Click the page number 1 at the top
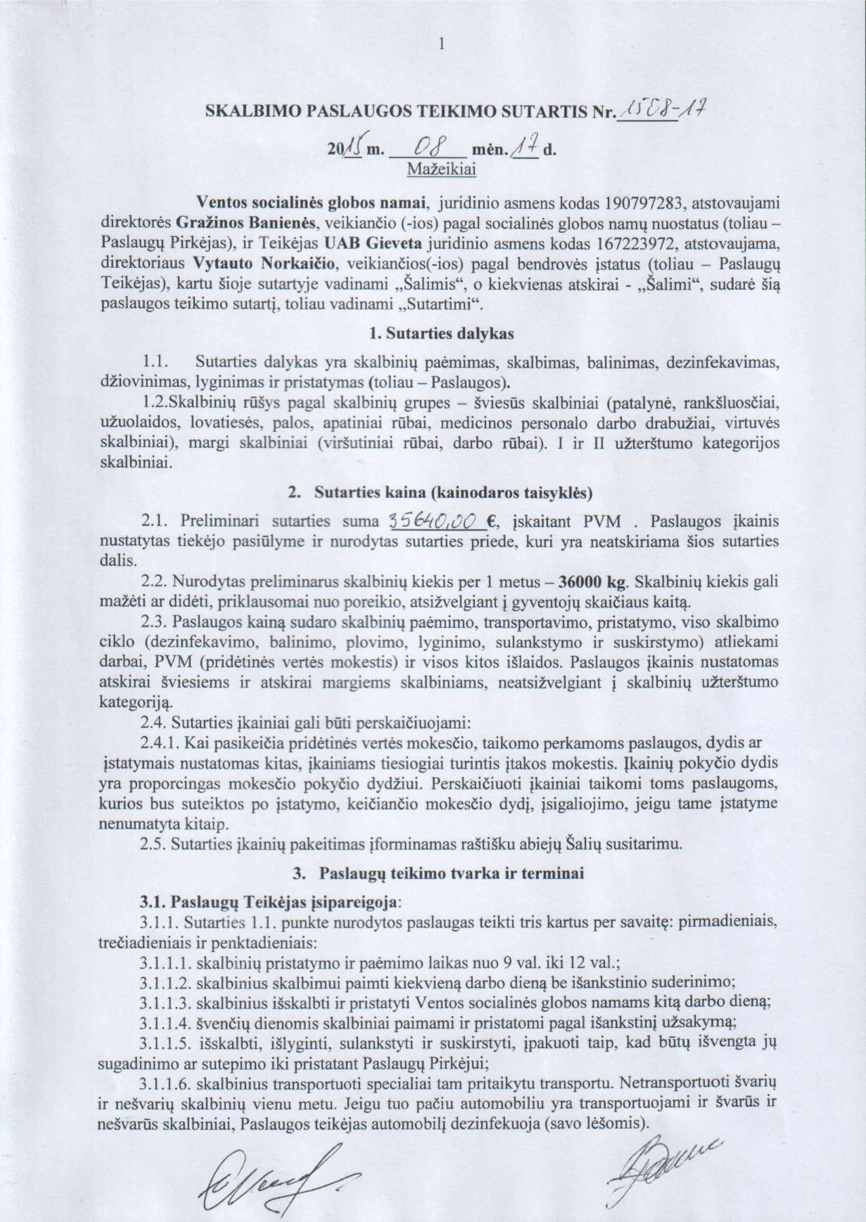(x=441, y=44)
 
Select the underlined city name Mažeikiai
(x=442, y=169)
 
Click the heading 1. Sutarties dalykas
(x=442, y=334)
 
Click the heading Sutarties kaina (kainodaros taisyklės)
(x=453, y=493)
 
